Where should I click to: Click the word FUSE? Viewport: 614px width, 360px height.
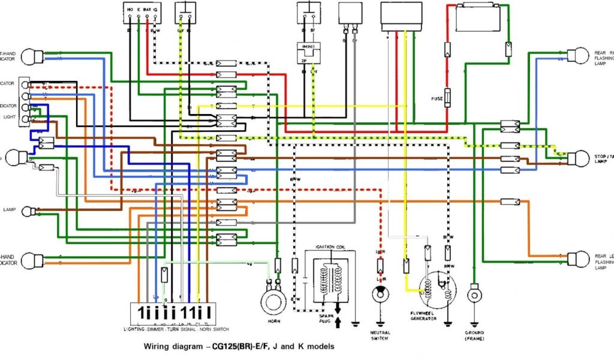pyautogui.click(x=437, y=98)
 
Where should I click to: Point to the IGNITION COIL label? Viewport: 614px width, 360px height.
pyautogui.click(x=329, y=247)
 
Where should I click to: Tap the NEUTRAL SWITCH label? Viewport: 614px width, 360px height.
pyautogui.click(x=380, y=336)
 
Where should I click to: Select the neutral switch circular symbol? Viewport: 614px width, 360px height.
pyautogui.click(x=379, y=293)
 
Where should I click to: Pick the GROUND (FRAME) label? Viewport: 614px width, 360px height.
pyautogui.click(x=474, y=336)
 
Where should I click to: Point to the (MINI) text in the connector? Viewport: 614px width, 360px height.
pyautogui.click(x=309, y=47)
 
